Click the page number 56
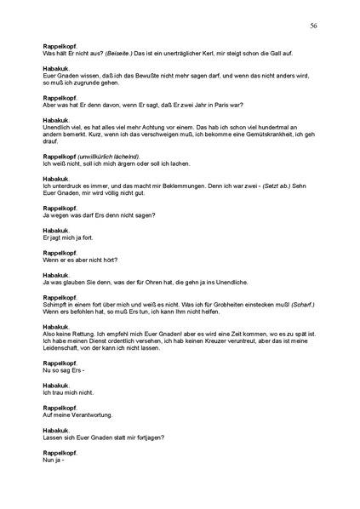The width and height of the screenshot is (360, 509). tap(313, 26)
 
